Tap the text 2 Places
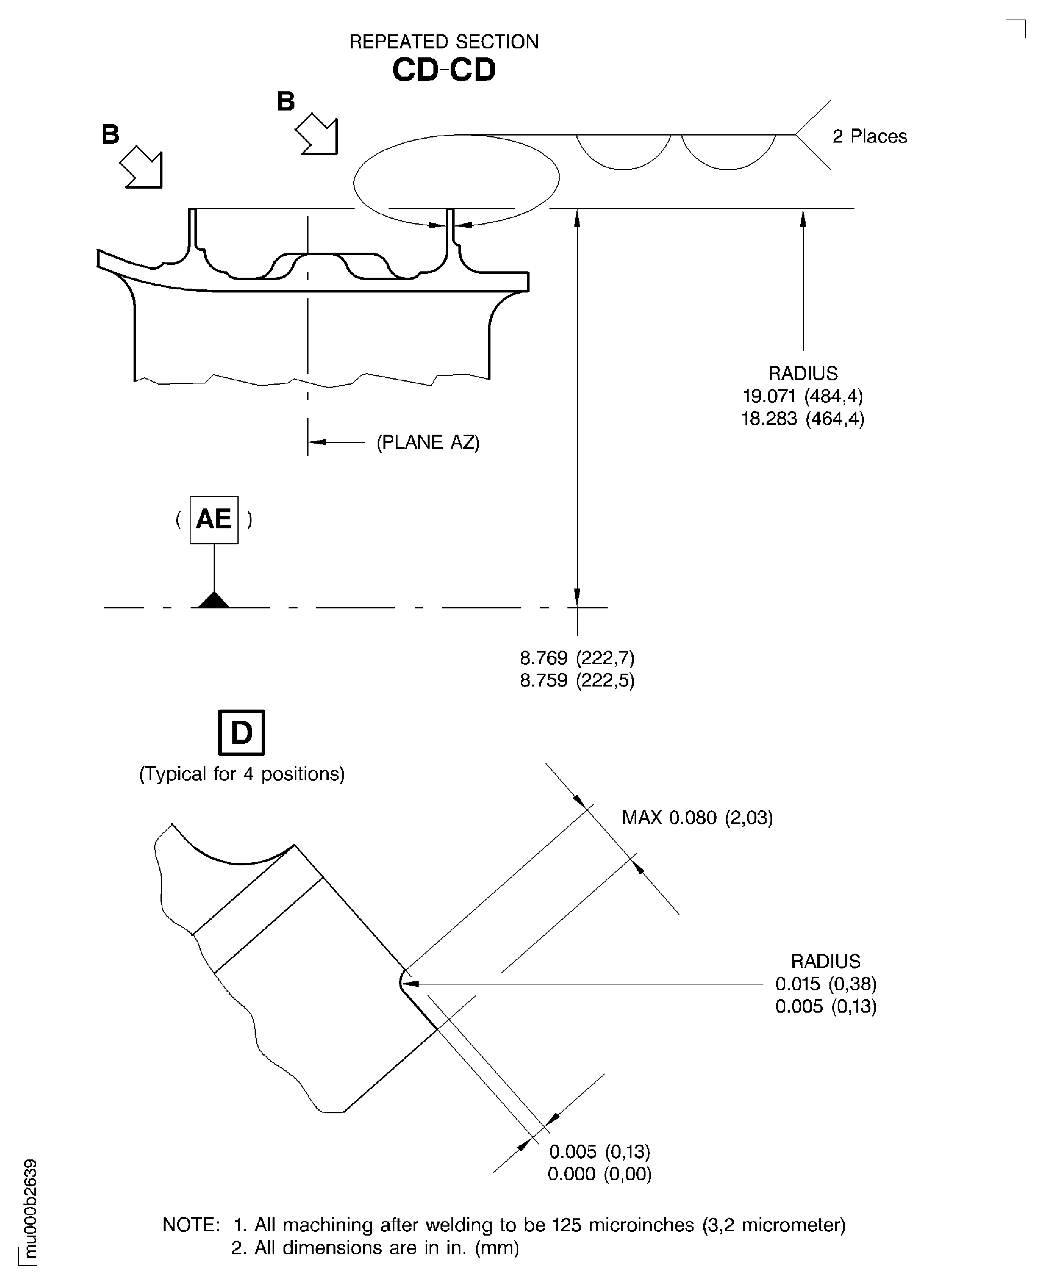point(869,137)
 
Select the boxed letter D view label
point(241,733)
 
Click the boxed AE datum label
point(214,519)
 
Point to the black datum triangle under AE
point(214,601)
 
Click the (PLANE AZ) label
point(428,442)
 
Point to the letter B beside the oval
point(286,102)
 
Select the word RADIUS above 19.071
point(802,373)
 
